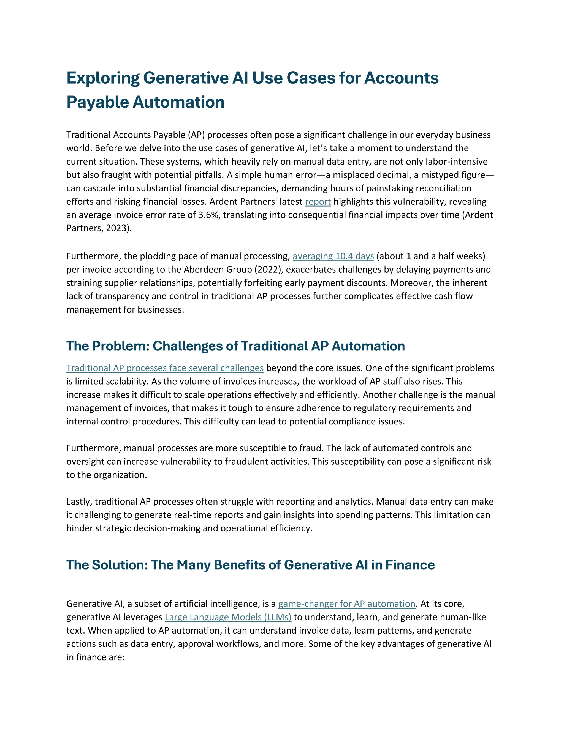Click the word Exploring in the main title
tap(103, 78)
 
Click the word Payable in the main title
tap(97, 102)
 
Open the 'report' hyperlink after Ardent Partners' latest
tap(318, 202)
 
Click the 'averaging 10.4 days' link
tap(333, 256)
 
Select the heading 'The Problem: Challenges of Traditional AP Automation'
tap(235, 346)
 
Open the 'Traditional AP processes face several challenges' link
tap(165, 368)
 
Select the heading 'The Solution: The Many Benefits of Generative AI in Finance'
tap(250, 565)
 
